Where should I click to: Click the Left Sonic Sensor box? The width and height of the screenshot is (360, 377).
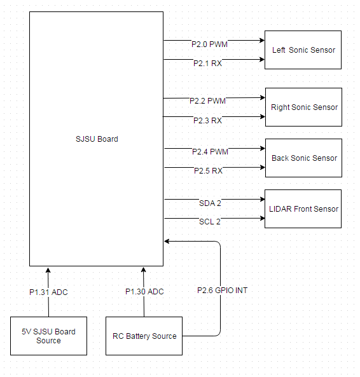303,50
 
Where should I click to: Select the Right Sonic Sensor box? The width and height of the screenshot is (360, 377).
303,107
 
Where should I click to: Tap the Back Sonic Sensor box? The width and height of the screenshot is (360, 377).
303,158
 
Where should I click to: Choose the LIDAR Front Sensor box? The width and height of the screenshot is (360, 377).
303,209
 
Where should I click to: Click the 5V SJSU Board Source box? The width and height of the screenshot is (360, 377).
48,336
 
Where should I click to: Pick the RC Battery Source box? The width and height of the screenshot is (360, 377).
144,336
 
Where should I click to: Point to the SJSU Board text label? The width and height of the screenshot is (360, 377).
97,139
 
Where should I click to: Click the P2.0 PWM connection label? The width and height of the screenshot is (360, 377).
209,45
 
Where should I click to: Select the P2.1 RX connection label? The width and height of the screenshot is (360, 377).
207,63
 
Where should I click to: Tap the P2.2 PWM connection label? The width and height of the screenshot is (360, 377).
207,100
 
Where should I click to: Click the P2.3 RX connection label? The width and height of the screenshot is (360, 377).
207,120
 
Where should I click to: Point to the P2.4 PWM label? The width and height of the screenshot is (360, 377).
210,152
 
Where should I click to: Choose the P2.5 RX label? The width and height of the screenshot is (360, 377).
208,171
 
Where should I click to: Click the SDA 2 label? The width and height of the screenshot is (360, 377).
210,203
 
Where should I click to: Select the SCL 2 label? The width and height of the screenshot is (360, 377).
210,221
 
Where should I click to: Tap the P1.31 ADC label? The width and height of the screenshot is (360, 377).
48,292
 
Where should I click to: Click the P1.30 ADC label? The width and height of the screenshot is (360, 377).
144,291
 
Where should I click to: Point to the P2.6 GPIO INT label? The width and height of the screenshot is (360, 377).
222,290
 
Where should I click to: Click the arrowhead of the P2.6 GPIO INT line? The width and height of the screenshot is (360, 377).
166,241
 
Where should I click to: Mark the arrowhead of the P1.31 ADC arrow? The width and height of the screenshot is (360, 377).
48,270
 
